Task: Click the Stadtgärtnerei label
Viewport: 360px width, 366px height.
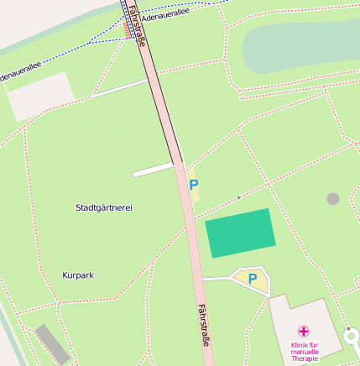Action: coord(104,207)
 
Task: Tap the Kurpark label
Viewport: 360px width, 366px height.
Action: coord(78,275)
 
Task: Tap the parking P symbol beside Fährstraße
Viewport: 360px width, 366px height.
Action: coord(194,185)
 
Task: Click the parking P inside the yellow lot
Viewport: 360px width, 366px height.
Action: coord(252,279)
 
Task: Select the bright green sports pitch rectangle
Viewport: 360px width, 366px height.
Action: coord(241,233)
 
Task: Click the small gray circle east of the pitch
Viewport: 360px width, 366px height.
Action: coord(333,199)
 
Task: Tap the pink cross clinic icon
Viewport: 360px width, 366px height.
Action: coord(304,331)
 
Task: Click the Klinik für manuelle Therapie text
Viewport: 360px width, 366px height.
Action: coord(305,351)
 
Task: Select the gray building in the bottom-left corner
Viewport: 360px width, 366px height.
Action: coord(53,345)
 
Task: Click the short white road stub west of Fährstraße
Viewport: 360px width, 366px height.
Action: coord(154,170)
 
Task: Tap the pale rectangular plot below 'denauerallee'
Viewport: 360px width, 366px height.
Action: coord(40,97)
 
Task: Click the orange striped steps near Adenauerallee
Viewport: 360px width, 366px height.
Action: coord(126,30)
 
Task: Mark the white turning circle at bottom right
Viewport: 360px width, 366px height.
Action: coord(353,339)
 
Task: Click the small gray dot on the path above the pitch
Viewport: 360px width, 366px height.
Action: coord(238,197)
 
